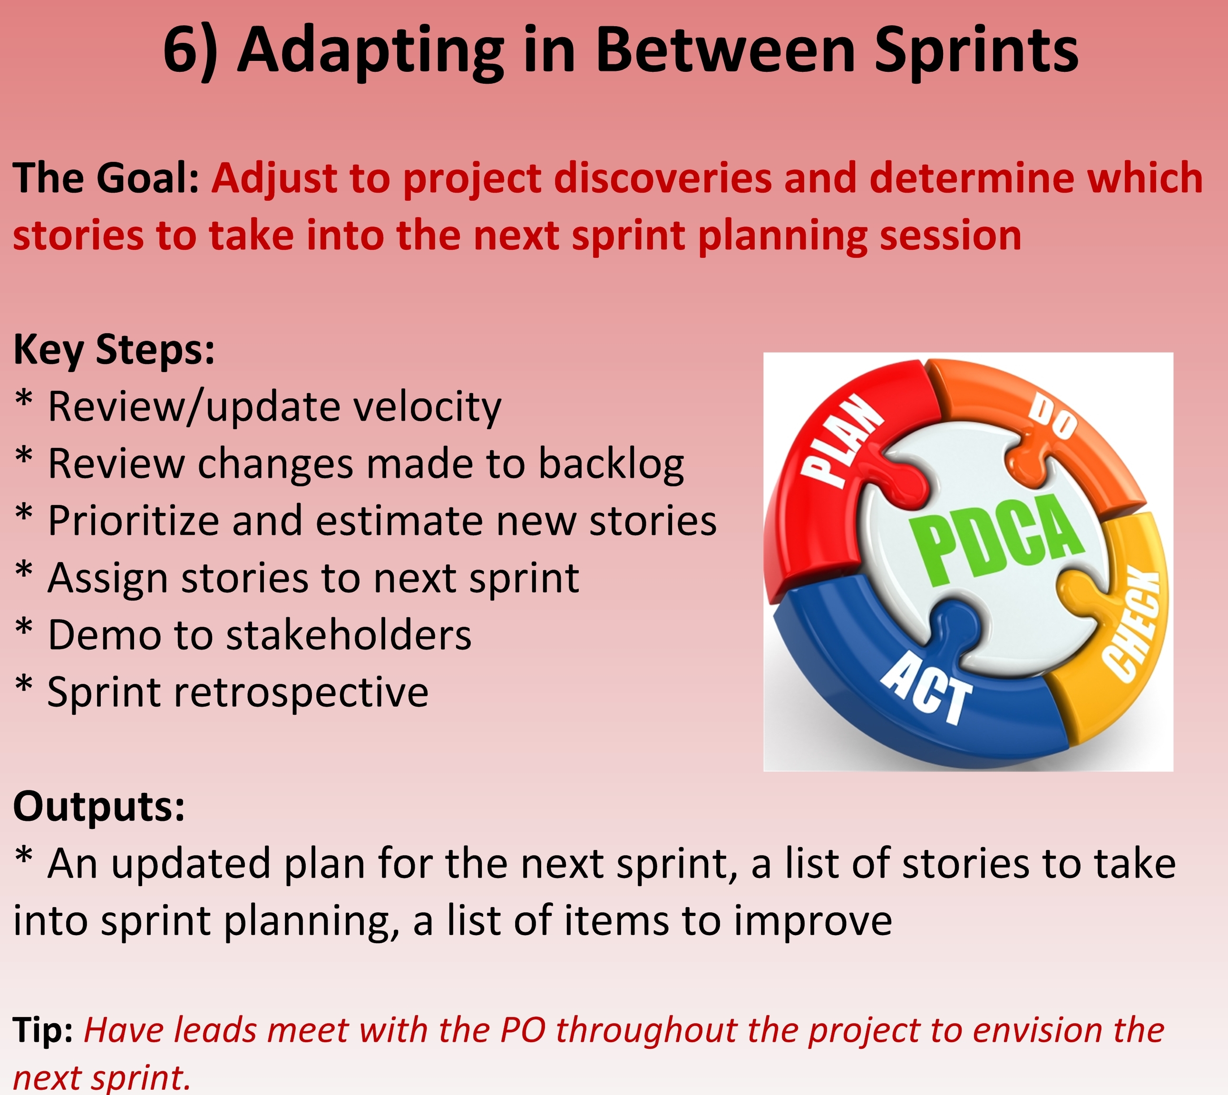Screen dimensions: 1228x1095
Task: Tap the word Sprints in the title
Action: (976, 53)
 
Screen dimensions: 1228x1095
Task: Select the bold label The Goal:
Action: (106, 178)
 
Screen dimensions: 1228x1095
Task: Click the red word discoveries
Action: (662, 178)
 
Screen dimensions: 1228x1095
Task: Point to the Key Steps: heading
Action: (114, 350)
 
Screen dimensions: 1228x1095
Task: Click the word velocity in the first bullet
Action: (428, 407)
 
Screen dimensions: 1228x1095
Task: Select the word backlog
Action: (611, 464)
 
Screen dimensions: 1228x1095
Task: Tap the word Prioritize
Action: (134, 521)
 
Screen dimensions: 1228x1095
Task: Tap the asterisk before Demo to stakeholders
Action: (23, 628)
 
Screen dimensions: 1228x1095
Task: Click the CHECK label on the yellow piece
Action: (1132, 626)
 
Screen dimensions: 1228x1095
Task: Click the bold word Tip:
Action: (43, 1029)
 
